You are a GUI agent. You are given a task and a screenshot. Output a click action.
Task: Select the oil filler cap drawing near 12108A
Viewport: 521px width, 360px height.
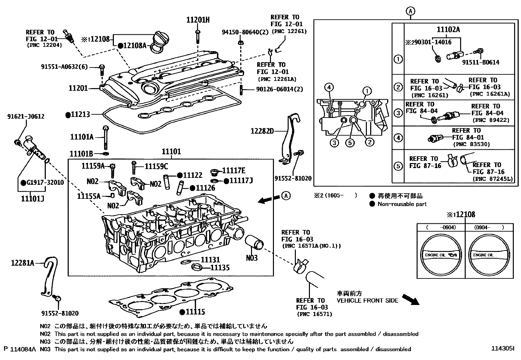pyautogui.click(x=159, y=41)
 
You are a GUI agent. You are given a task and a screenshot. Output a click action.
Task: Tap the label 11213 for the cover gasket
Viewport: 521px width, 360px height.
pyautogui.click(x=81, y=115)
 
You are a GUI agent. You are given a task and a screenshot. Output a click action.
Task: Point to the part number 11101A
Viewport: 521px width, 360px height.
pyautogui.click(x=82, y=137)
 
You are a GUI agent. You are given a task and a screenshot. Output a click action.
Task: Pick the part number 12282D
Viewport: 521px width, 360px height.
pyautogui.click(x=262, y=131)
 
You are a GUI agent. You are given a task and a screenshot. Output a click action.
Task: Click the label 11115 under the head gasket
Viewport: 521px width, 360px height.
pyautogui.click(x=195, y=312)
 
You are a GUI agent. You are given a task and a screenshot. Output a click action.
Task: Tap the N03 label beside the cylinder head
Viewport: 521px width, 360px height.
pyautogui.click(x=252, y=258)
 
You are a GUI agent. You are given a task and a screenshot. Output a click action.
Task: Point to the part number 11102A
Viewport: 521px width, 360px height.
pyautogui.click(x=448, y=30)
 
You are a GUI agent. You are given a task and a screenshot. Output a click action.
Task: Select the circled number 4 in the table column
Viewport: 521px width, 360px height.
pyautogui.click(x=398, y=138)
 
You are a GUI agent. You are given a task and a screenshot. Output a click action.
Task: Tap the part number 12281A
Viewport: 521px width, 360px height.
pyautogui.click(x=23, y=263)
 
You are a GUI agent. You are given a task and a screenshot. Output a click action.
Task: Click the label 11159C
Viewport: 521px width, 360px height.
pyautogui.click(x=156, y=166)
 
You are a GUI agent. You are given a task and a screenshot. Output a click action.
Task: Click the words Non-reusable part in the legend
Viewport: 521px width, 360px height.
pyautogui.click(x=402, y=204)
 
